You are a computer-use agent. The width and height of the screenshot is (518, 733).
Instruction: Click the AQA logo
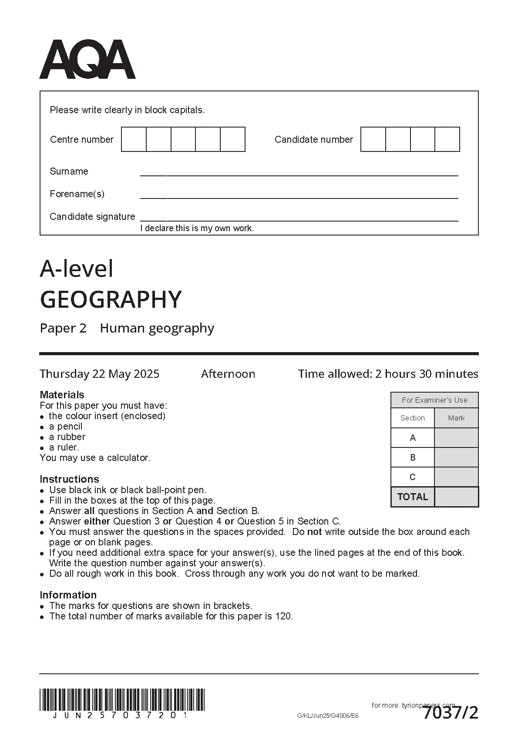(x=87, y=60)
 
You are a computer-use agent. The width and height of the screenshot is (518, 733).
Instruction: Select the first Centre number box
(x=134, y=139)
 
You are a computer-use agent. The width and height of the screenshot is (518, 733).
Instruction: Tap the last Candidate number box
(x=447, y=139)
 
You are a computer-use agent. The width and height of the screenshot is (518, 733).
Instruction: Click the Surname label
(x=69, y=171)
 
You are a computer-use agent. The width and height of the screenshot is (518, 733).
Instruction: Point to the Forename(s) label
(x=77, y=194)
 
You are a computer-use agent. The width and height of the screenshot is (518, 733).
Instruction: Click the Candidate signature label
(x=92, y=217)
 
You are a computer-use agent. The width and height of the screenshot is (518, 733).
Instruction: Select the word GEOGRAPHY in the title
(x=111, y=299)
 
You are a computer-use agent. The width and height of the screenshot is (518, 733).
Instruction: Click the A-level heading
(x=77, y=269)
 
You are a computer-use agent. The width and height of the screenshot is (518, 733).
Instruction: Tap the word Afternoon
(x=228, y=374)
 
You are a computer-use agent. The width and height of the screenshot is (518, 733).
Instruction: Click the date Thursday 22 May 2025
(x=100, y=374)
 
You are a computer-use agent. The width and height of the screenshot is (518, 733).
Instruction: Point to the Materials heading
(x=62, y=395)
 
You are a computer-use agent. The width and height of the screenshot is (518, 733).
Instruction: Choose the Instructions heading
(x=69, y=479)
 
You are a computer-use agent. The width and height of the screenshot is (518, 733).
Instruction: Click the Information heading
(x=68, y=595)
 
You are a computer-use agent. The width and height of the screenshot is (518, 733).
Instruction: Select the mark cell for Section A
(x=456, y=438)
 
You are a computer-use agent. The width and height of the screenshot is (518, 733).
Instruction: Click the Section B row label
(x=413, y=457)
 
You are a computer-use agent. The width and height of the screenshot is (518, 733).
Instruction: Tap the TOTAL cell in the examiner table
(x=413, y=497)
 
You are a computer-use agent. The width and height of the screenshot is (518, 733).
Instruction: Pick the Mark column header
(x=456, y=418)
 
